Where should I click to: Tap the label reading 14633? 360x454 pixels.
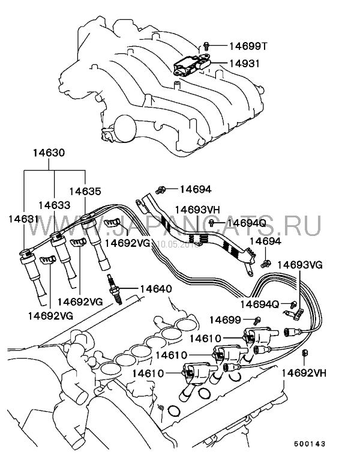[53, 204]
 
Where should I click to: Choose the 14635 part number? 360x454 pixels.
[85, 192]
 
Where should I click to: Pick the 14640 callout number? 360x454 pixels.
[155, 289]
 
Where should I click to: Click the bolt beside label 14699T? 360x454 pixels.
[206, 45]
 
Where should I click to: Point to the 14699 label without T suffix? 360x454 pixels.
[226, 319]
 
